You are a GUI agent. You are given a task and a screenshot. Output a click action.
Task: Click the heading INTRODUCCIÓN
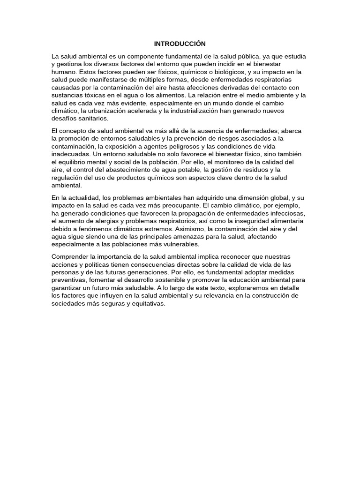180,44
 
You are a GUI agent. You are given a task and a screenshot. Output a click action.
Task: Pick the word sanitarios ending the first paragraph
92,119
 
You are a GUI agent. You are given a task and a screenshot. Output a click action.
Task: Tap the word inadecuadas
70,154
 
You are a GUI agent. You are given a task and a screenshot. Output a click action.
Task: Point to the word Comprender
70,256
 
